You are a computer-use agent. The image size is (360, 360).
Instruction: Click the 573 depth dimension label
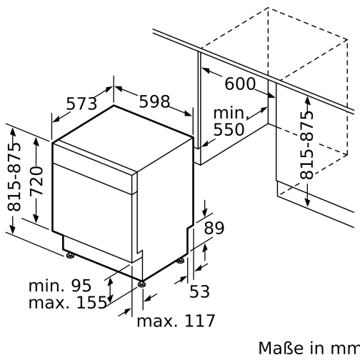pyautogui.click(x=81, y=104)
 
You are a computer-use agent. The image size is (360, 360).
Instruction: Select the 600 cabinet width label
pyautogui.click(x=240, y=84)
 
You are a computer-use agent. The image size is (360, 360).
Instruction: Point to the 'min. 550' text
pyautogui.click(x=229, y=121)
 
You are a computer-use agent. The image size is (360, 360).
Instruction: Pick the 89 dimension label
pyautogui.click(x=214, y=229)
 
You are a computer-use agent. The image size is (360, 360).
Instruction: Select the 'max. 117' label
pyautogui.click(x=175, y=321)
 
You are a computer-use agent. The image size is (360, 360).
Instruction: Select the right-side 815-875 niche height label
pyautogui.click(x=306, y=145)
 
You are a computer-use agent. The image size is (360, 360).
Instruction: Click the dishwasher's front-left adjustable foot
pyautogui.click(x=69, y=254)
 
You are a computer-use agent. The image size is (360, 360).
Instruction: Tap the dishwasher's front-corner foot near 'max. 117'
pyautogui.click(x=143, y=284)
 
